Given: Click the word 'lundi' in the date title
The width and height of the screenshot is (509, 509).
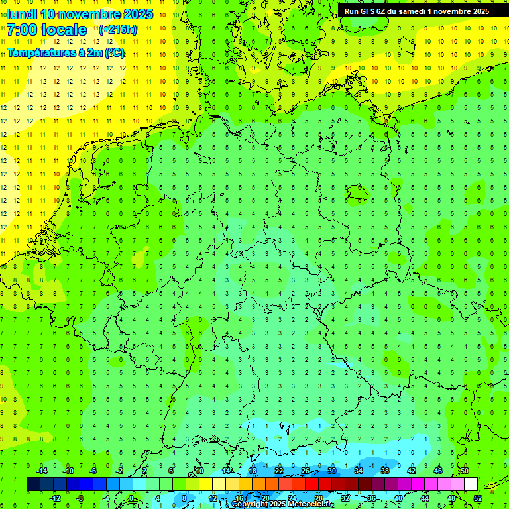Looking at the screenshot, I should (21, 14).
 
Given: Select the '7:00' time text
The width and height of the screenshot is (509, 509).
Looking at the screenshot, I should (23, 30).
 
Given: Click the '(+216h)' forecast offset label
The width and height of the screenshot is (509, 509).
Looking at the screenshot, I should (118, 29).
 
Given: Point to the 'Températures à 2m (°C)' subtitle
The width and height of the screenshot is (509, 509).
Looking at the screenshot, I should (66, 53).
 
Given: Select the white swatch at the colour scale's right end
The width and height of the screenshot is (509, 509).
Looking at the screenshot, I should (471, 484).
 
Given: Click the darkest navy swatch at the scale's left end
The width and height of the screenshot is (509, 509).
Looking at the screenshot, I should (33, 484).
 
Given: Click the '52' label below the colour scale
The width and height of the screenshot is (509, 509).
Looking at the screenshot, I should (477, 498).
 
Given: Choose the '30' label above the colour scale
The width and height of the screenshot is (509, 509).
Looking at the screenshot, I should (331, 471).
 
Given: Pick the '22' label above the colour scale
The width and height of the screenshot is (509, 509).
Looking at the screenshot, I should (278, 471).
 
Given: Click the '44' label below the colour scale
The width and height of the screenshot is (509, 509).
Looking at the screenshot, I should (424, 498).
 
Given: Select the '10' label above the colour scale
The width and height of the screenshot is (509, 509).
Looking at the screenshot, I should (199, 471).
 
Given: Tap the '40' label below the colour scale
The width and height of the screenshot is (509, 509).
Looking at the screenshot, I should (398, 498).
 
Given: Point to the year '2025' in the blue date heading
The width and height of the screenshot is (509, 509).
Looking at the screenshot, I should (135, 14).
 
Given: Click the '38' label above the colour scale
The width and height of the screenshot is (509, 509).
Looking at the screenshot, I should (384, 471).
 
